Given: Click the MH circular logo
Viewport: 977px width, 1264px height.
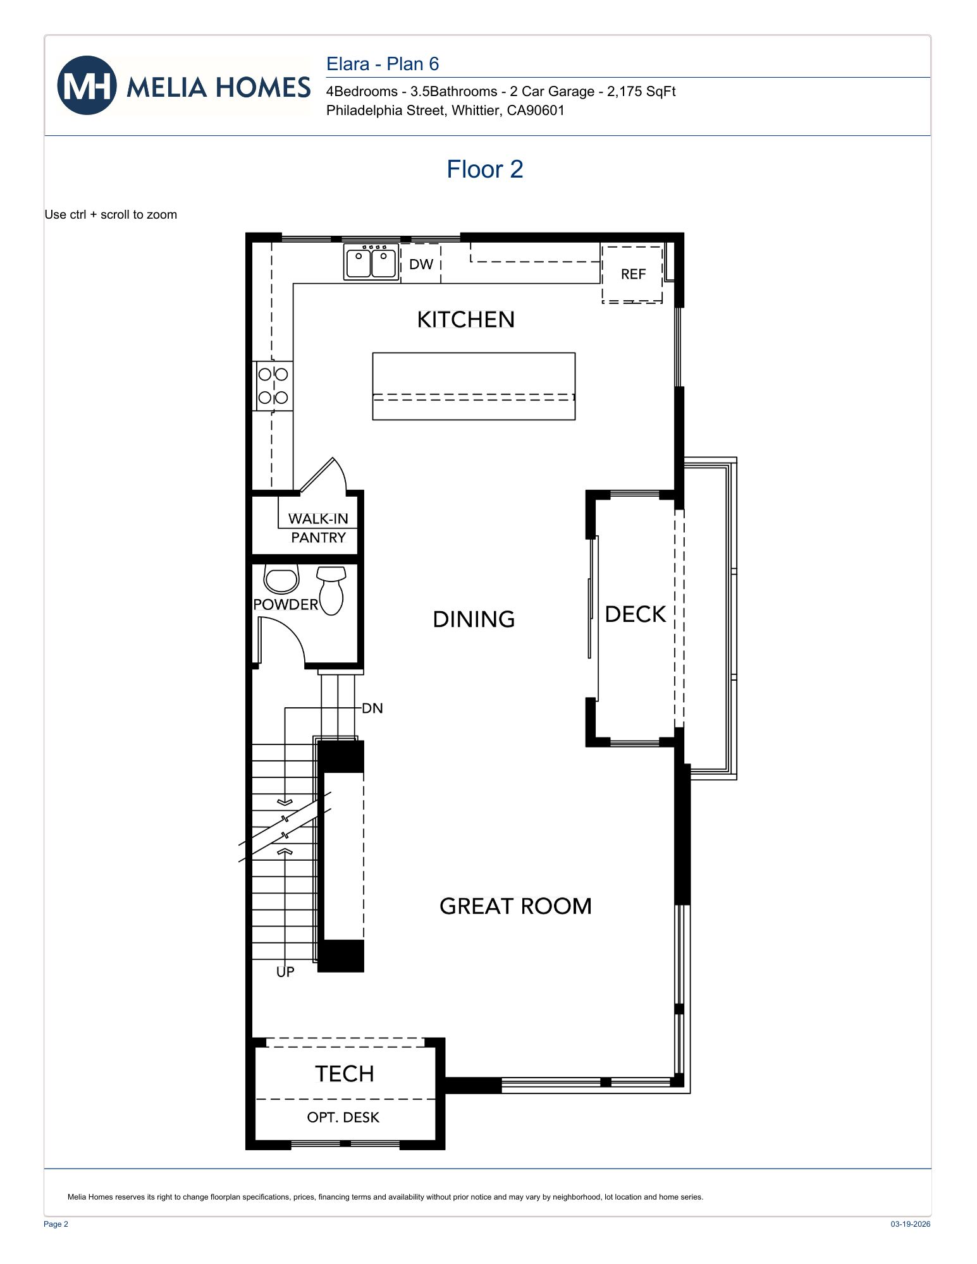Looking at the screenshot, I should coord(87,85).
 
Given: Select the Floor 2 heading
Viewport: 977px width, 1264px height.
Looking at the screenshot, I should coord(484,169).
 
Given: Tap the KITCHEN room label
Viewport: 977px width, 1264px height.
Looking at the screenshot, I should coord(465,320).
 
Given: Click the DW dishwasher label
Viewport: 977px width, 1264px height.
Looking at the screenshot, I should coord(421,264).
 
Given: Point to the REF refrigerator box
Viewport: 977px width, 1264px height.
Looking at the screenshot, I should coord(632,274).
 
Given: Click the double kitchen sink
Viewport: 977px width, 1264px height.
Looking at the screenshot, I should coord(371,262).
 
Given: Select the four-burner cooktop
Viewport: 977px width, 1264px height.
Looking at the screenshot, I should coord(273,386).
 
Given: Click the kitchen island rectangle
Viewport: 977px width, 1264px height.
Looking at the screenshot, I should coord(474,386).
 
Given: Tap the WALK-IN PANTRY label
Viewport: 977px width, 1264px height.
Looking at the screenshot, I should coord(318,528).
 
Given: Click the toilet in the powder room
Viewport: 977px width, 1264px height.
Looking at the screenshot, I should coord(331,590).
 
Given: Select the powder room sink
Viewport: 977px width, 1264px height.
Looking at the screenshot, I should coord(281,580).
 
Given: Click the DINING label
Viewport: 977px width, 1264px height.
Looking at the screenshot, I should coord(474,619).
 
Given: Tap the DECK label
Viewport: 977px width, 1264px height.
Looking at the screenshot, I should coord(635,614).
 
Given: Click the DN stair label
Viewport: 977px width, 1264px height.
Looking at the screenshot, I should coord(372,708).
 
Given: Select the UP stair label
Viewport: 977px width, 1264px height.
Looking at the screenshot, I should coord(285,972).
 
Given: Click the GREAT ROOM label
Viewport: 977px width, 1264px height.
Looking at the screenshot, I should coord(515,906).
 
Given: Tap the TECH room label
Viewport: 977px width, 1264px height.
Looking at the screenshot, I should coord(345,1074).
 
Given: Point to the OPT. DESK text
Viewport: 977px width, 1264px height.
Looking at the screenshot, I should coord(343,1117).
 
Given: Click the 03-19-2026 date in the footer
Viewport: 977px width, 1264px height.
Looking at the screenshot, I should coord(910,1224).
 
